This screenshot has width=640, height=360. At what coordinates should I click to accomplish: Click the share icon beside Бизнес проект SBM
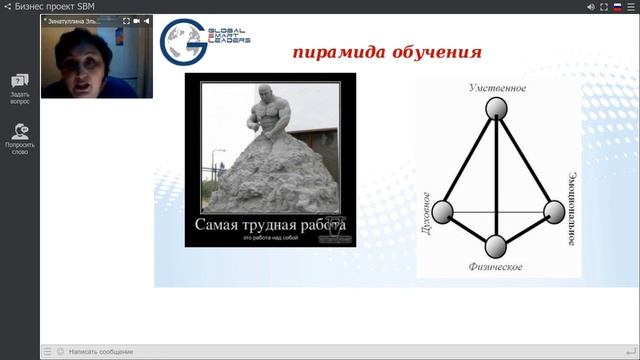pyautogui.click(x=9, y=6)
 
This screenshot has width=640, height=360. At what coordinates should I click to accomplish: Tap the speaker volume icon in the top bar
pyautogui.click(x=591, y=6)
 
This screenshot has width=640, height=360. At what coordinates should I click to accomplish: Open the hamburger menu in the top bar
pyautogui.click(x=632, y=6)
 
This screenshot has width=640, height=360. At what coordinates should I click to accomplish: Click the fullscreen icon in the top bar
pyautogui.click(x=605, y=6)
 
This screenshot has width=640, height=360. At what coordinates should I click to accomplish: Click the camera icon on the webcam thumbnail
pyautogui.click(x=137, y=20)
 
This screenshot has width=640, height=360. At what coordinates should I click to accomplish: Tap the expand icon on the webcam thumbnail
pyautogui.click(x=126, y=20)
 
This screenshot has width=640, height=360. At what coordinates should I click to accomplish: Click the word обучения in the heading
pyautogui.click(x=433, y=52)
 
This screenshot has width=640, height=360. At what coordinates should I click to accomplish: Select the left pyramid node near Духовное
pyautogui.click(x=441, y=211)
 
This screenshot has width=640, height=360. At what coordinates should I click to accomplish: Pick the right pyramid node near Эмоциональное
pyautogui.click(x=554, y=211)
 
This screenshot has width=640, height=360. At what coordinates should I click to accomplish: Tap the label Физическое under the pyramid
pyautogui.click(x=497, y=268)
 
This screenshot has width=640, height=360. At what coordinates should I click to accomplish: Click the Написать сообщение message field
pyautogui.click(x=100, y=352)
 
